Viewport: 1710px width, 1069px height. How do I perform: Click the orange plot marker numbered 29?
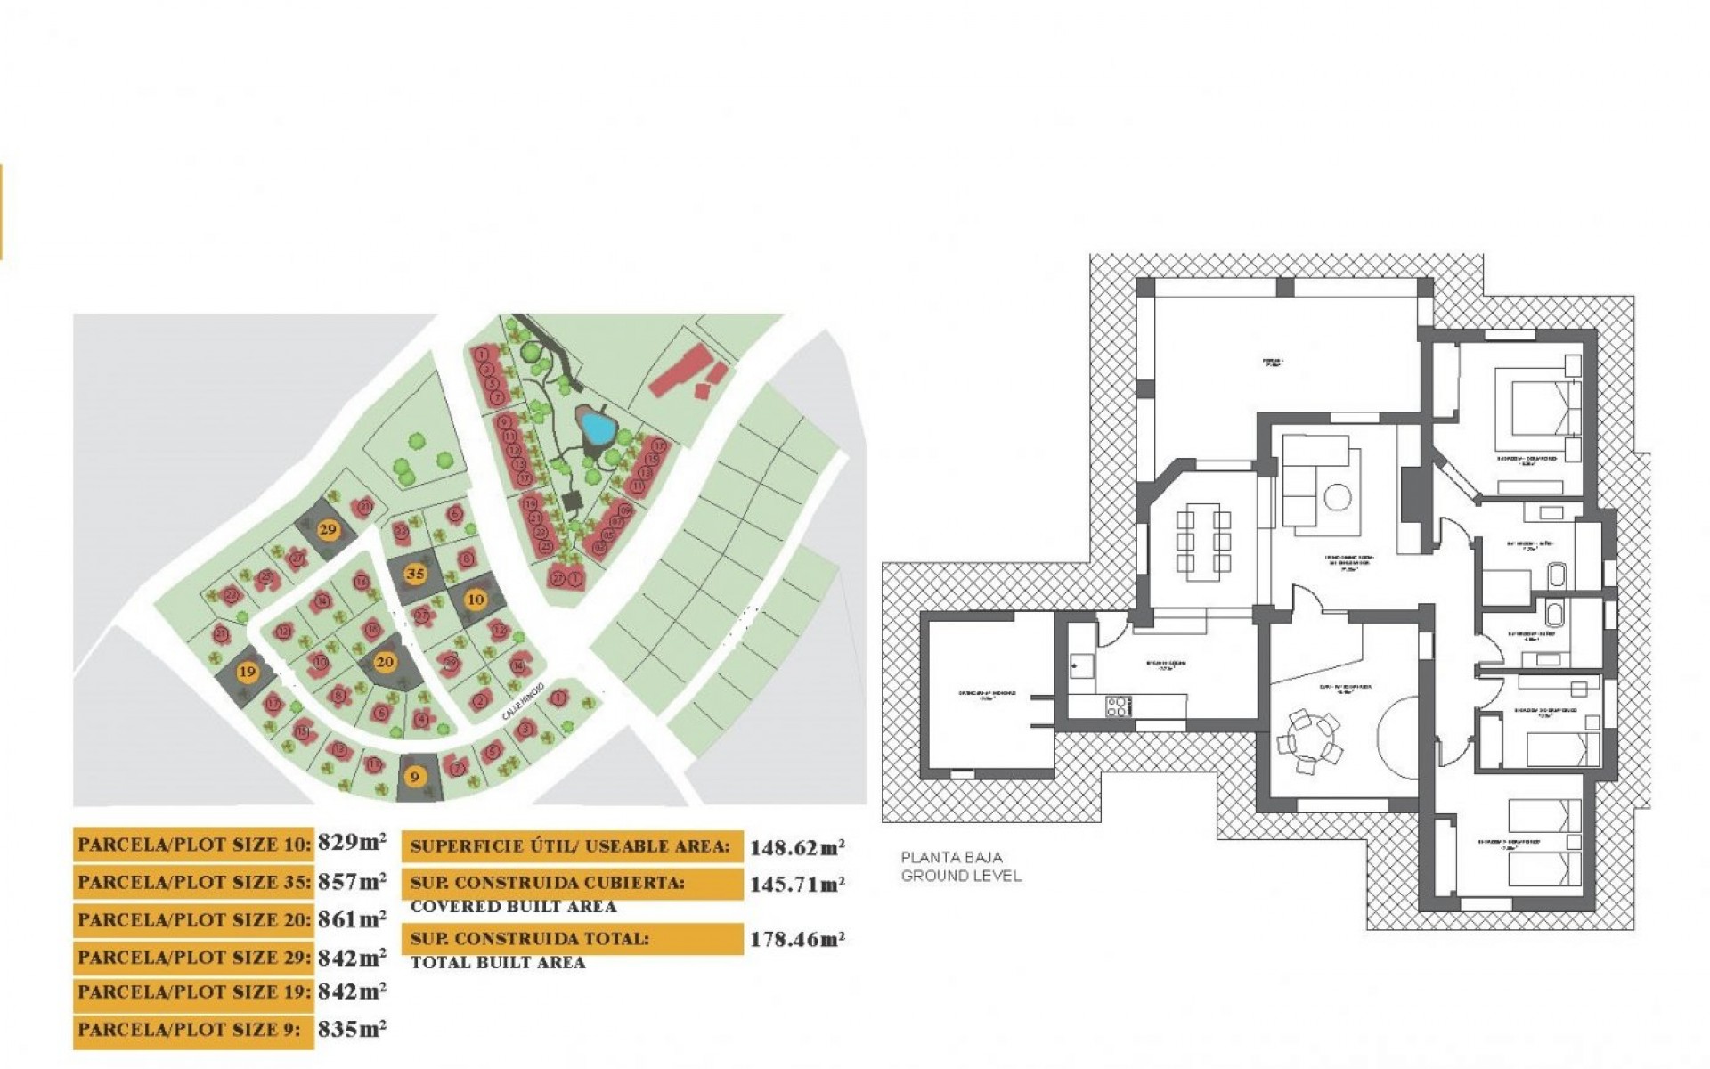point(328,529)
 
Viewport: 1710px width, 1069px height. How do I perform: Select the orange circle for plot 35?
point(414,574)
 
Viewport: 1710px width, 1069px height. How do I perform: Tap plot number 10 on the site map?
point(476,600)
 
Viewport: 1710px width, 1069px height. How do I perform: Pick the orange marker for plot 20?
point(385,662)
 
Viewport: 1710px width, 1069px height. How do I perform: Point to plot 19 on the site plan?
point(248,673)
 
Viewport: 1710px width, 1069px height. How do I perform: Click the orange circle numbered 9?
point(414,777)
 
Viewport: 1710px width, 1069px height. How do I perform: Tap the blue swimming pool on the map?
point(594,426)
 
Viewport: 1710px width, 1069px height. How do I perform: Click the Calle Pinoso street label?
point(521,702)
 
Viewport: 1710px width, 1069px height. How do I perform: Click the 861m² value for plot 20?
point(352,918)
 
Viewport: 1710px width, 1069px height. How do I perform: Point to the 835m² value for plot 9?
point(352,1029)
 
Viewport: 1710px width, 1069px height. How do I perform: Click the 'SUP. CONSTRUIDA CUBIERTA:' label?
point(548,884)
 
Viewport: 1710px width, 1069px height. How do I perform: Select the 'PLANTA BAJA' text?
point(951,858)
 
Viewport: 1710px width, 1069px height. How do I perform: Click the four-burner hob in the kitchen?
point(1119,706)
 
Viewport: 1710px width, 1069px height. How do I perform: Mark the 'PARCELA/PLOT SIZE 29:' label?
point(194,958)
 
